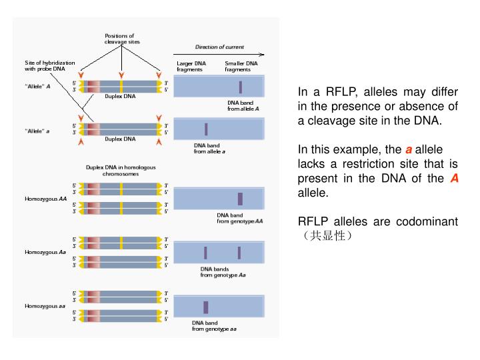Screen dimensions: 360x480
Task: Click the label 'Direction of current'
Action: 219,47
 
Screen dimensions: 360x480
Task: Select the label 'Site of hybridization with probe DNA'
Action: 50,65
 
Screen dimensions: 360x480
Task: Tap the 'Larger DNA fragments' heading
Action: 190,65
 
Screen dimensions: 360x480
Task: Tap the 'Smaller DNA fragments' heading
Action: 238,65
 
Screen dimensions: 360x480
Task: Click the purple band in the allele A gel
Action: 241,86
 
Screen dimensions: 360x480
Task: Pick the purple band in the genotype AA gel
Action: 240,198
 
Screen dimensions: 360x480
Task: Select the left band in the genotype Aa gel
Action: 205,252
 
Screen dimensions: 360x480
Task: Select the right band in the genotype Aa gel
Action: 239,252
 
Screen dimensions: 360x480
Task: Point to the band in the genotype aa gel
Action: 206,307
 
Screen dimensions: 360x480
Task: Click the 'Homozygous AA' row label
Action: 45,199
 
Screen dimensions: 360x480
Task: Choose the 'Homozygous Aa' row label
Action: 45,253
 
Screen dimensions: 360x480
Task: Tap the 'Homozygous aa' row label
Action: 44,307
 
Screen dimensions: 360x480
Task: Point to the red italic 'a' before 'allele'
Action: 408,149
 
